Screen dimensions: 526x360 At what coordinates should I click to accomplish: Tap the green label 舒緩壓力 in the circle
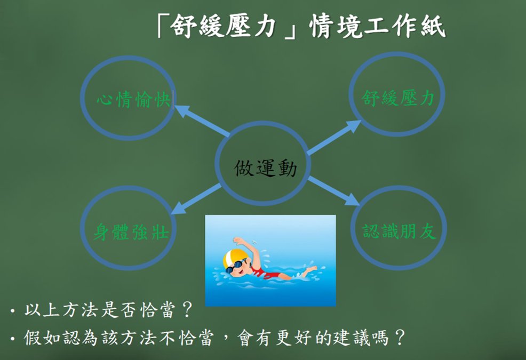click(x=398, y=98)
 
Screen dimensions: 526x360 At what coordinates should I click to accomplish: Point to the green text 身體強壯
click(x=131, y=231)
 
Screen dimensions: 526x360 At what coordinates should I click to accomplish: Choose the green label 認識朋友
click(x=399, y=231)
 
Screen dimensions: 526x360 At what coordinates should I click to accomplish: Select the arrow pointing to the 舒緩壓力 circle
click(x=334, y=137)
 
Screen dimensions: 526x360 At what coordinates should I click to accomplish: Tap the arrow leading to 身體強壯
click(x=196, y=199)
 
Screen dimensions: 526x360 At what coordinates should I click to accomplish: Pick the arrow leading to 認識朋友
click(x=334, y=190)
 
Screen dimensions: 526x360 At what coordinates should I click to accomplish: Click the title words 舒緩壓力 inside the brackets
click(x=223, y=26)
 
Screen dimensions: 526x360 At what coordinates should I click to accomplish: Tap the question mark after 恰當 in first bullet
click(x=186, y=309)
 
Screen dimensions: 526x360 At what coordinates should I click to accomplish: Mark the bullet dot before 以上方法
click(x=13, y=311)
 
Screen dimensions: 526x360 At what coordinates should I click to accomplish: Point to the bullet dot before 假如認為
click(x=13, y=339)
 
